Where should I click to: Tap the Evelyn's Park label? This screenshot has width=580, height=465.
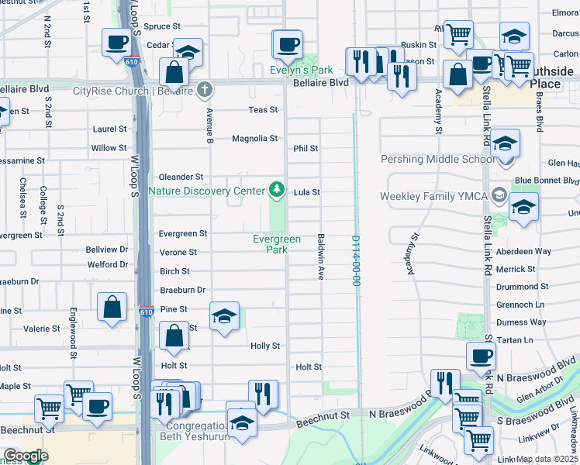pos(299,70)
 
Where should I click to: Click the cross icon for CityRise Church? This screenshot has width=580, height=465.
pos(205,91)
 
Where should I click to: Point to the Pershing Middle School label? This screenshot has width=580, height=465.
pos(436,160)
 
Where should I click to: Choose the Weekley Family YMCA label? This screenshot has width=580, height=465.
pos(433,196)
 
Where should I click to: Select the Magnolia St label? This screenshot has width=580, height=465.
pos(254,139)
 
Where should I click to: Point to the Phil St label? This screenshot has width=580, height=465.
pos(306,148)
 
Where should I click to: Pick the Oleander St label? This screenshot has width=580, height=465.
pos(181,177)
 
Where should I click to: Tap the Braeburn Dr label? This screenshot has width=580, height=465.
pos(182,290)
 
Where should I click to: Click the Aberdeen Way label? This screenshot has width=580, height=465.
pos(523,252)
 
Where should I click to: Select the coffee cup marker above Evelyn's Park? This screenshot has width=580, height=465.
pos(288,44)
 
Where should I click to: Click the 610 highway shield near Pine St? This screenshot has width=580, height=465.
pos(147,312)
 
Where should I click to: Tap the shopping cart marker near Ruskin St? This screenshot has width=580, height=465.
pos(458,33)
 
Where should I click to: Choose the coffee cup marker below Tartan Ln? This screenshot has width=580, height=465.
pos(481,356)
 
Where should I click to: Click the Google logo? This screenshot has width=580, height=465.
pos(25,456)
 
